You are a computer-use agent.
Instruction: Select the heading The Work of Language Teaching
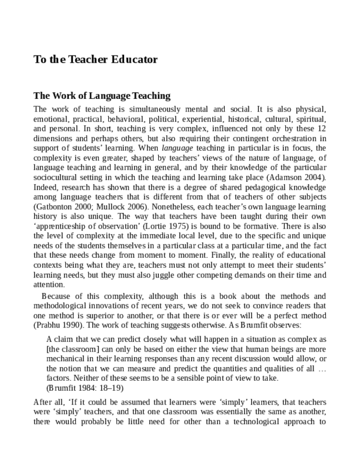pyautogui.click(x=102, y=96)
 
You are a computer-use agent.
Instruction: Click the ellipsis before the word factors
pyautogui.click(x=322, y=368)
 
